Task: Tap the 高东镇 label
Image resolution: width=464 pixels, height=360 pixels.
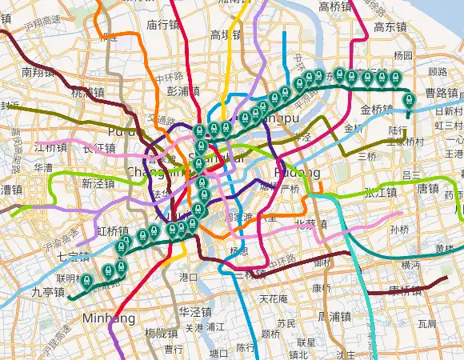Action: tap(390, 26)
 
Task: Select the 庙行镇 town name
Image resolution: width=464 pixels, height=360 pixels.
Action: tap(162, 25)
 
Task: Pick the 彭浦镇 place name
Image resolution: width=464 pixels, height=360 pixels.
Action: tap(183, 91)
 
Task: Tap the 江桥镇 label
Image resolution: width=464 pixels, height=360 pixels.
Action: tap(51, 148)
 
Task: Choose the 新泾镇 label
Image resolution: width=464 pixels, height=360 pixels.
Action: tap(99, 183)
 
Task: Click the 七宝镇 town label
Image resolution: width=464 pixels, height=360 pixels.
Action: tap(52, 257)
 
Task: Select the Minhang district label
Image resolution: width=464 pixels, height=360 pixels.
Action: tap(108, 319)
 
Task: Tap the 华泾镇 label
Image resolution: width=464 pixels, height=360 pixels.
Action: tap(195, 311)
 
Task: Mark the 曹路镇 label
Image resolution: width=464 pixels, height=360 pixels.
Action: tap(442, 93)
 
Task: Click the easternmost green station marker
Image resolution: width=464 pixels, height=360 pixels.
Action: tap(410, 100)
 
